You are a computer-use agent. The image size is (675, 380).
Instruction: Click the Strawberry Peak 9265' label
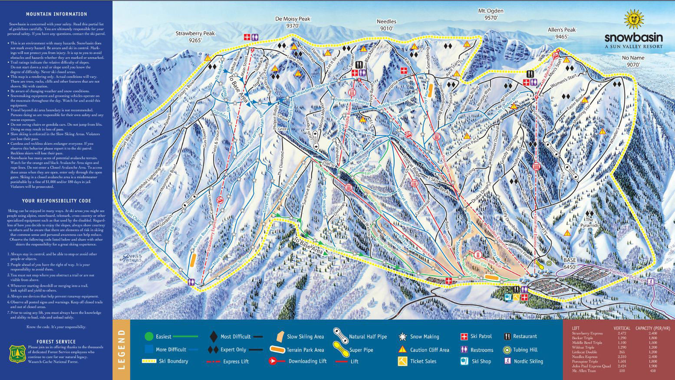coord(195,37)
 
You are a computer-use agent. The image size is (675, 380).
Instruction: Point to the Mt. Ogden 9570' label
coord(491,14)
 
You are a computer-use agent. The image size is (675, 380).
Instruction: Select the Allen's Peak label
coord(561,33)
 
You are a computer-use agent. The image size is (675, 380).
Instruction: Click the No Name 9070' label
coord(633,61)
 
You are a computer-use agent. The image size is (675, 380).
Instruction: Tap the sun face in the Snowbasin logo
coord(633,20)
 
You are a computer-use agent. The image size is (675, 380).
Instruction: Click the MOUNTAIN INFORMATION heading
coord(56,14)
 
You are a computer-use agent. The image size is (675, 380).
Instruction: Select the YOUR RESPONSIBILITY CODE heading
coord(56,201)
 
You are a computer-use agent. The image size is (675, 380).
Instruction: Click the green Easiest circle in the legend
coord(149,336)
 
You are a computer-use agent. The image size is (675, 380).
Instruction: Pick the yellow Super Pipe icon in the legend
coord(341,349)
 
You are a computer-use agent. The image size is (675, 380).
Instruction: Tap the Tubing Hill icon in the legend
coord(507,350)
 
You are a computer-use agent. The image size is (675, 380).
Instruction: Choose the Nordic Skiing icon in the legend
coord(507,361)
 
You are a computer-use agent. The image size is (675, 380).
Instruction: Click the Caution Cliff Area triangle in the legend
coord(402,349)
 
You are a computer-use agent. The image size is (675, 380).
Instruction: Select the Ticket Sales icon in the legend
coord(402,361)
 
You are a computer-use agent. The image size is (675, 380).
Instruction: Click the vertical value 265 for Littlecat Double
coord(621,352)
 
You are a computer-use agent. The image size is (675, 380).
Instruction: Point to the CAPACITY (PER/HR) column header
coord(652,328)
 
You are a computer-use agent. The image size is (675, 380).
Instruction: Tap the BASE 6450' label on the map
coord(570,263)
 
